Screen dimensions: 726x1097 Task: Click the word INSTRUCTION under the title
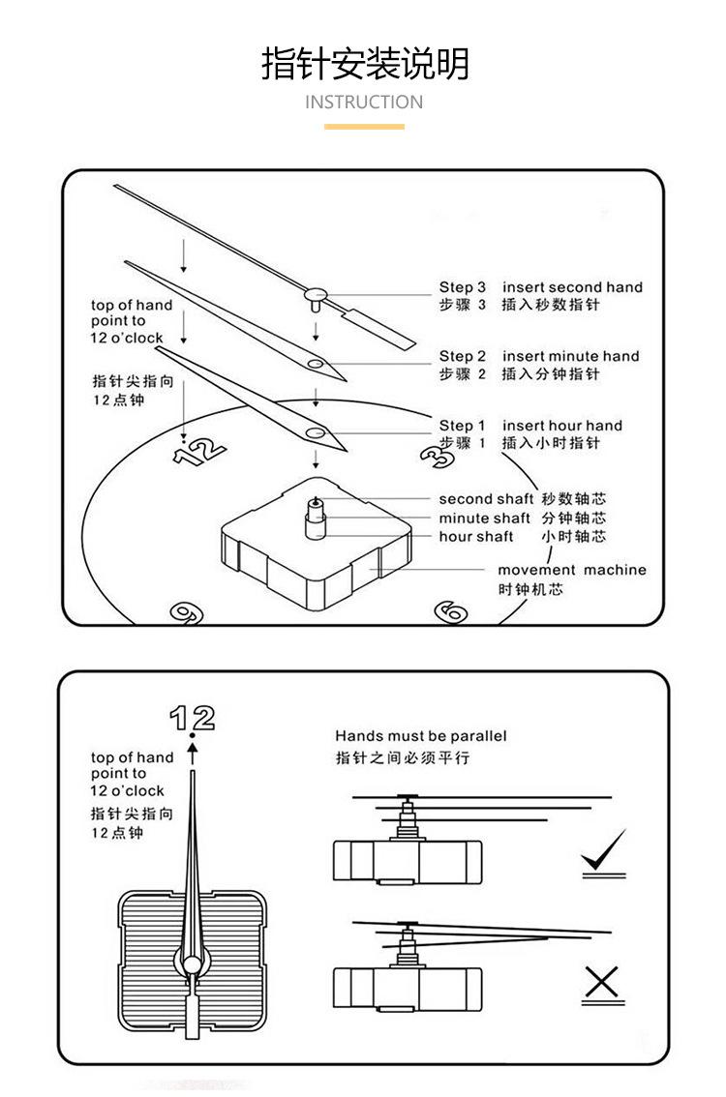pos(363,103)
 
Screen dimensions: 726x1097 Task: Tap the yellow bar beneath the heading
pos(364,127)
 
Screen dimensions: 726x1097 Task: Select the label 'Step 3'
pos(462,287)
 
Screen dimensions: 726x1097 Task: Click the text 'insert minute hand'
pos(570,356)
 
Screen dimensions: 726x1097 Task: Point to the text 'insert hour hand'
pos(562,426)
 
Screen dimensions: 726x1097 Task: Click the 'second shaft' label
pos(486,499)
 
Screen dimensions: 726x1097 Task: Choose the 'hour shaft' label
pos(476,537)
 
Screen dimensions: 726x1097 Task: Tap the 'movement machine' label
pos(572,570)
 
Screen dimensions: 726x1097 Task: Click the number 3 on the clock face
pos(437,457)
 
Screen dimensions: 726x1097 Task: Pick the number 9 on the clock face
pos(187,613)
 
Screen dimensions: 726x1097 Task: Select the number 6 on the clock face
pos(451,611)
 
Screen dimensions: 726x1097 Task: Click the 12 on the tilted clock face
pos(199,451)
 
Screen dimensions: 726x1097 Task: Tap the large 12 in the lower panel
pos(193,719)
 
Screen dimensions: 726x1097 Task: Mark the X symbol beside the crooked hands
pos(601,982)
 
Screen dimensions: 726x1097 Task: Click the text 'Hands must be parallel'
pos(420,736)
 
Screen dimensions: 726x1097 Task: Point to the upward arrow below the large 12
pos(193,754)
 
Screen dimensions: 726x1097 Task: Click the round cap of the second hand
pos(316,292)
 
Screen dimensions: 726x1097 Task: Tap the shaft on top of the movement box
pos(317,519)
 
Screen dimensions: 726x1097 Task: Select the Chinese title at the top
pos(365,64)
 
